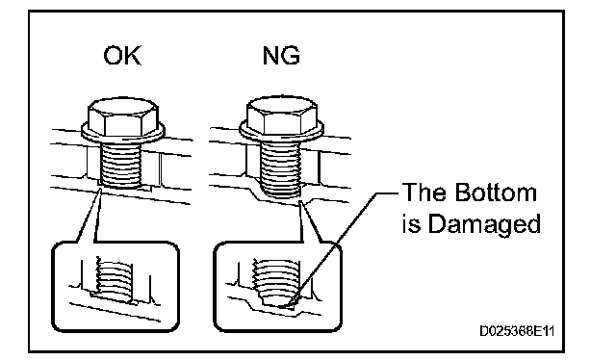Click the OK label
coord(122,56)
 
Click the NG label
coord(281,56)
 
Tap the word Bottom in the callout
coord(497,193)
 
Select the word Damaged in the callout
coord(484,225)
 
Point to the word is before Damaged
coord(411,224)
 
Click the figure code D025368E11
coord(516,331)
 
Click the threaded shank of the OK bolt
coord(120,164)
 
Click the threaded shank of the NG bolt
coord(280,168)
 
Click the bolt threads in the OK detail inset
coord(114,279)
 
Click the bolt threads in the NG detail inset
coord(274,281)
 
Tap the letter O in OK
coord(113,56)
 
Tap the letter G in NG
coord(292,56)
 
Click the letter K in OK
coord(133,56)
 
